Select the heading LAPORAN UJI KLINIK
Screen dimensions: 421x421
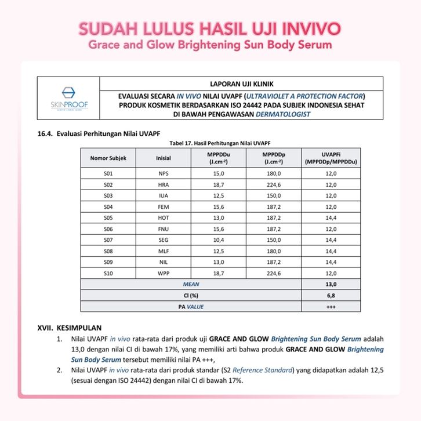click(x=243, y=83)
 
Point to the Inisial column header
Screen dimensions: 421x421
click(x=164, y=158)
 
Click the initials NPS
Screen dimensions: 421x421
click(x=164, y=173)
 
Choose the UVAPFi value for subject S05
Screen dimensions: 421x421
click(x=331, y=217)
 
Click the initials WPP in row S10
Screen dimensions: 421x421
click(x=164, y=273)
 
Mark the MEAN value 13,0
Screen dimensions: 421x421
click(x=331, y=284)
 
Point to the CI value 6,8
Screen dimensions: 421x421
click(x=331, y=295)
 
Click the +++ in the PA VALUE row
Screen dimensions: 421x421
click(x=331, y=306)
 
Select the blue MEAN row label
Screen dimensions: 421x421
click(x=191, y=284)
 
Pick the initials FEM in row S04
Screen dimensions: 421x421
click(x=164, y=206)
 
